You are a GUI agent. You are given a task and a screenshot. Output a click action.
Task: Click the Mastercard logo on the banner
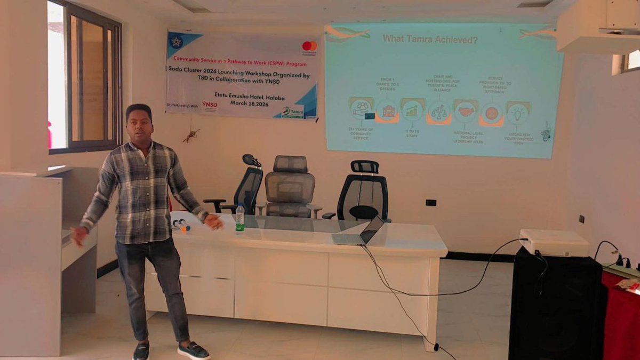coord(309,46)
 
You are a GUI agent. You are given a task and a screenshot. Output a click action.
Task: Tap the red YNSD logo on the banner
coord(210,105)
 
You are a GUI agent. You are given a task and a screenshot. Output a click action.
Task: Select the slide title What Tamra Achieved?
coord(430,39)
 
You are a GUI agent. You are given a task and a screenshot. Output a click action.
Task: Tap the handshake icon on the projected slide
coord(466,111)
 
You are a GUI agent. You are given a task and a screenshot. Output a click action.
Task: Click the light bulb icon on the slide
coord(517,113)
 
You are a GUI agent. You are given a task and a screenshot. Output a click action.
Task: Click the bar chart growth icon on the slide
coord(412,110)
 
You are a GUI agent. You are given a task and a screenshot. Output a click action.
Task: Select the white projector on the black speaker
coord(554,243)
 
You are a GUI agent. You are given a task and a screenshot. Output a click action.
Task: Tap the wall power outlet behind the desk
coord(431,203)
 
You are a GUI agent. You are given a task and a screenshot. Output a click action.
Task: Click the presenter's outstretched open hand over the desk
coord(214,221)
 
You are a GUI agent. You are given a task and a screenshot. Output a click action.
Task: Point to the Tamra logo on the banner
coord(293,111)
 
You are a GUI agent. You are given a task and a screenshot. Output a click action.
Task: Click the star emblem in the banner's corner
coord(175,42)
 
